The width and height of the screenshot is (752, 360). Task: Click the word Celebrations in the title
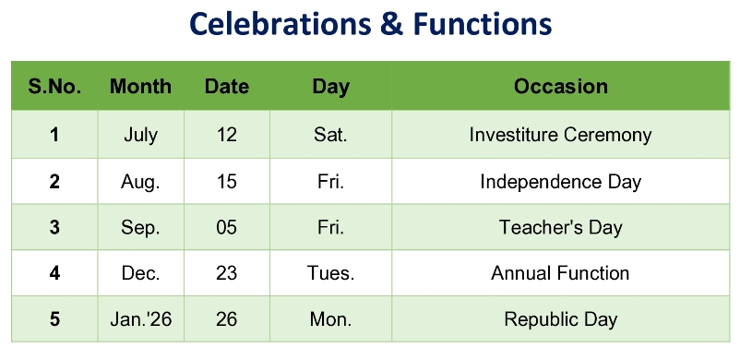281,23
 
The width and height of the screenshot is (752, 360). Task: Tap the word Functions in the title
482,23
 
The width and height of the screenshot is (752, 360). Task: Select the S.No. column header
54,87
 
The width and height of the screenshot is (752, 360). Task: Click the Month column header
140,87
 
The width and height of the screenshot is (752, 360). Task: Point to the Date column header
227,87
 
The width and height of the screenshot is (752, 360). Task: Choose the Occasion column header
561,87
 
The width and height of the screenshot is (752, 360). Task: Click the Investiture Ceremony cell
560,135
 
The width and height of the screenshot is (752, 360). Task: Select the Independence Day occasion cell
561,182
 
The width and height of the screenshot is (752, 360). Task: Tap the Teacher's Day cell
561,227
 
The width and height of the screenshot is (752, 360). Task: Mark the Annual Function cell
560,273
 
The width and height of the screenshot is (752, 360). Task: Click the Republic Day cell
561,319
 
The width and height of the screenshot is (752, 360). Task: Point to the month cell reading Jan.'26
140,319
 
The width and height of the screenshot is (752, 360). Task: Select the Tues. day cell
331,273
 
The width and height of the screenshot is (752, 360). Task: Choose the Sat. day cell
331,135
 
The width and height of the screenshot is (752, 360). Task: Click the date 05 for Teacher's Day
226,227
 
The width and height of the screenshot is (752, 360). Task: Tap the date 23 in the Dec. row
226,273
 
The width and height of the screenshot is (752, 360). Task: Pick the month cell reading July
140,136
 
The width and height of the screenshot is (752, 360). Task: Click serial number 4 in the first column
54,273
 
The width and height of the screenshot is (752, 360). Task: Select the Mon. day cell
331,319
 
